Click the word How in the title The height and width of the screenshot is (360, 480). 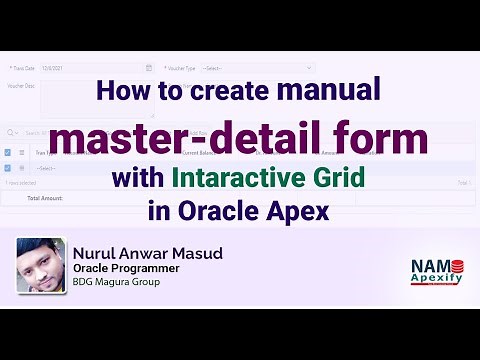(x=121, y=92)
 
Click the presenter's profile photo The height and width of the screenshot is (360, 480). (x=41, y=265)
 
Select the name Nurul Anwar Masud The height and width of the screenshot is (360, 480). (x=148, y=254)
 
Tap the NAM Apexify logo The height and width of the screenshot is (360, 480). (x=437, y=271)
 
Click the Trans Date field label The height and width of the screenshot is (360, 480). (x=22, y=68)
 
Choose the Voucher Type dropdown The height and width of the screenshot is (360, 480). (x=256, y=68)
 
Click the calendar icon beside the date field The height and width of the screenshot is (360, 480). (x=149, y=68)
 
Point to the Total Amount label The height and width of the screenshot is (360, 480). (x=46, y=198)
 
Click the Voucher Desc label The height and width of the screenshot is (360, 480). (x=22, y=86)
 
